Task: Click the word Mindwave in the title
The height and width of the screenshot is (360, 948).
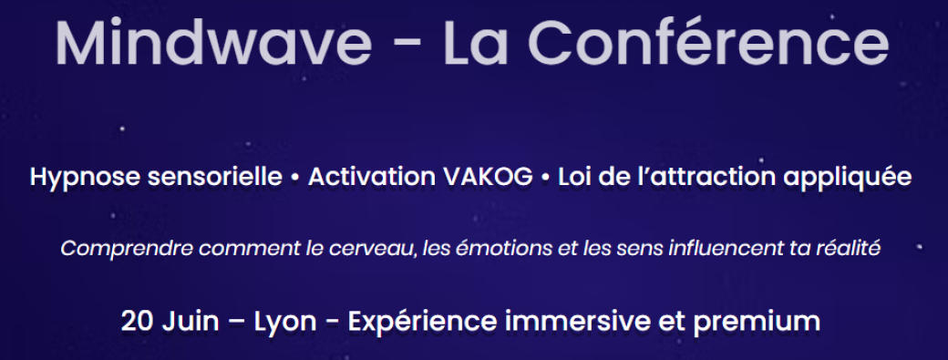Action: pyautogui.click(x=213, y=43)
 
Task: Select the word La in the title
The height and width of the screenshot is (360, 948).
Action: pyautogui.click(x=479, y=43)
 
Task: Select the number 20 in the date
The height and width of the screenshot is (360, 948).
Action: pyautogui.click(x=136, y=322)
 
